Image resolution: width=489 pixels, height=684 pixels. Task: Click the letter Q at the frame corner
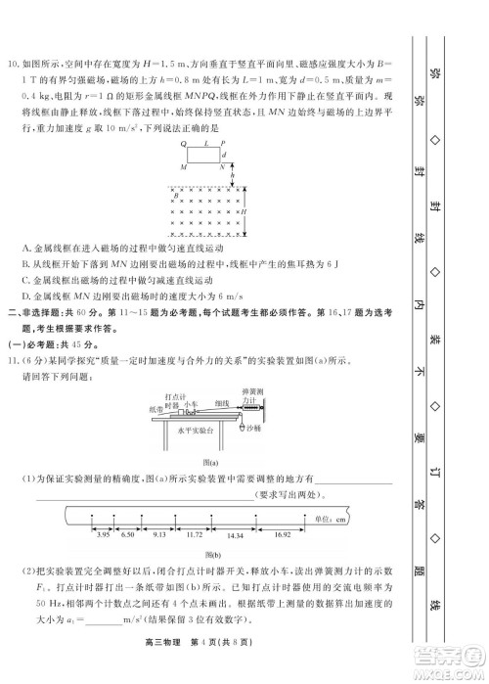coord(183,143)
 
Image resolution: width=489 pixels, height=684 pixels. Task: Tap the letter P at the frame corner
coord(224,143)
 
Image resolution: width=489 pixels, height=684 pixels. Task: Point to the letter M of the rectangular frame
coord(183,167)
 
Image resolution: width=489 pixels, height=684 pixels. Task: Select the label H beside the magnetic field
coord(244,211)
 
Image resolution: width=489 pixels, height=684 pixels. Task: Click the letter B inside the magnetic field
coord(176,197)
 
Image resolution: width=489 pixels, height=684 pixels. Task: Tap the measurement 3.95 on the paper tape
coord(102,535)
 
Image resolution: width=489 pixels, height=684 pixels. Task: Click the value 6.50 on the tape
coord(127,535)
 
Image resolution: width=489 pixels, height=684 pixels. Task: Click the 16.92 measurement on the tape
coord(282,535)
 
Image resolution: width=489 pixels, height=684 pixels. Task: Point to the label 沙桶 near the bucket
coord(253,429)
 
